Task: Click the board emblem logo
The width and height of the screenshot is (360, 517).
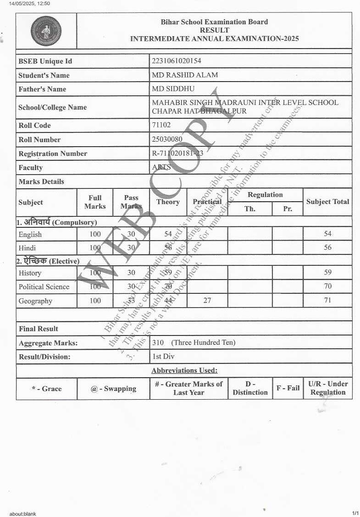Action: [46, 31]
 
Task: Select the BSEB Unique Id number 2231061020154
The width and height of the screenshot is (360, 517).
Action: [177, 61]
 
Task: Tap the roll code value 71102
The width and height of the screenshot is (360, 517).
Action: [161, 125]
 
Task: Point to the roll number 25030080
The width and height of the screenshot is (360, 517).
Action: [167, 139]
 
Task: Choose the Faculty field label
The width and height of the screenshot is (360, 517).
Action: [30, 168]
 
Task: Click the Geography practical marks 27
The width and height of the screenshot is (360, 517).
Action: [207, 301]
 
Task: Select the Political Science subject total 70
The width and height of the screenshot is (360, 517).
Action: [327, 286]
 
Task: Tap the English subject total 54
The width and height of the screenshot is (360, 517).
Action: [327, 234]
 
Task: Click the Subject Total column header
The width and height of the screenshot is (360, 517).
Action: [327, 202]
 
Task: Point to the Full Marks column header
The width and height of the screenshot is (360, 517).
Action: [95, 202]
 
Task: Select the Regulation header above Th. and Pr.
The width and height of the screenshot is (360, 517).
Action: [265, 195]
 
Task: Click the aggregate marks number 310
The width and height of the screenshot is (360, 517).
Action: [158, 342]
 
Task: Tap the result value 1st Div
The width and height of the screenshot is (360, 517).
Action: [163, 356]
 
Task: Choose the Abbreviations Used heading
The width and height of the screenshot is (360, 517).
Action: [184, 370]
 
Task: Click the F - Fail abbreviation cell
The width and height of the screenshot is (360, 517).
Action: [288, 388]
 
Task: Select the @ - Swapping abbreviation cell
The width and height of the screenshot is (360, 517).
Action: [113, 389]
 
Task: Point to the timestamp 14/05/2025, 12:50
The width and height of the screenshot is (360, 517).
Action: [29, 4]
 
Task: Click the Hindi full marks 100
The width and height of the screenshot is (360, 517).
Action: [95, 248]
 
